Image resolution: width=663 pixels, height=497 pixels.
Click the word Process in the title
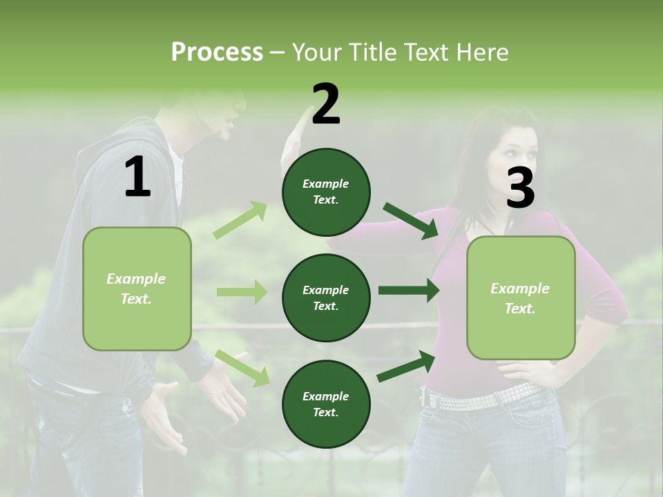tap(217, 52)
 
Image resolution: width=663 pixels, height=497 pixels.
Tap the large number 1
tap(137, 177)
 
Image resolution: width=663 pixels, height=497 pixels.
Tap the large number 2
tap(326, 104)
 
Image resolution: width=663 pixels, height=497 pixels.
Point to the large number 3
tap(520, 188)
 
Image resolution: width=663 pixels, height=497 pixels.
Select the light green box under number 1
tap(137, 289)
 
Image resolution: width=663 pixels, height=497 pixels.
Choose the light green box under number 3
tap(521, 298)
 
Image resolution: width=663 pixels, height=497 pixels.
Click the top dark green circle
tap(326, 192)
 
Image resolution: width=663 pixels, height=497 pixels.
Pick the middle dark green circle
tap(326, 298)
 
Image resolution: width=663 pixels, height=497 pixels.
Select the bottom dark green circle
tap(326, 405)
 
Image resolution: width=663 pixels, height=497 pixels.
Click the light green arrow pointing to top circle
tap(240, 220)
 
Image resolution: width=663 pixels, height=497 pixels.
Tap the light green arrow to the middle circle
tap(242, 292)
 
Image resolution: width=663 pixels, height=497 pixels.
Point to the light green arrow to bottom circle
tap(242, 368)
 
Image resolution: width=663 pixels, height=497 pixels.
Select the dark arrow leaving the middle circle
tap(408, 291)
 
